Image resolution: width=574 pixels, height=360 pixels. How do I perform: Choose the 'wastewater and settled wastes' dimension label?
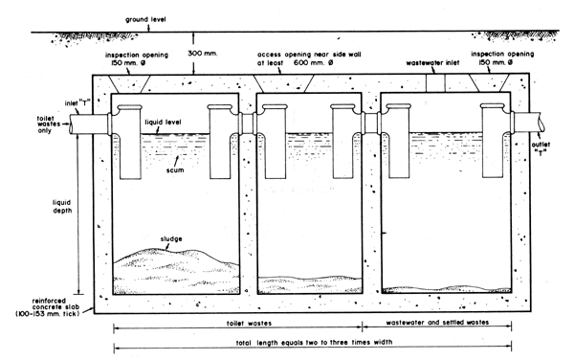pos(435,326)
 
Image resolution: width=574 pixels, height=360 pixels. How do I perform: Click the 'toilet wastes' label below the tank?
pos(237,326)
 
